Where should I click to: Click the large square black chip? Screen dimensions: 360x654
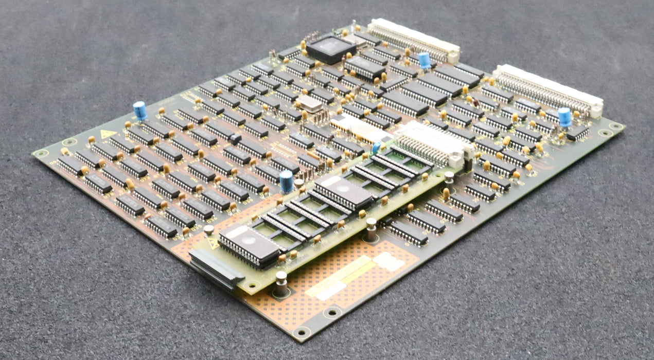tap(331, 48)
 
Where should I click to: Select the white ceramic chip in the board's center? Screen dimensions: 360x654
tap(356, 129)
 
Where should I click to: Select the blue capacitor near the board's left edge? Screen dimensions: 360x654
tap(139, 111)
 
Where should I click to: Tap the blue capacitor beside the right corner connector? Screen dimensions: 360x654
tap(564, 117)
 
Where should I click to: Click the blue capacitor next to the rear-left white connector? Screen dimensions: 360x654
tap(424, 60)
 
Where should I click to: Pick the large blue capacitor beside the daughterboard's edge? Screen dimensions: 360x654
tap(287, 182)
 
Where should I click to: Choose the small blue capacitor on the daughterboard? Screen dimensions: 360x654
tap(376, 148)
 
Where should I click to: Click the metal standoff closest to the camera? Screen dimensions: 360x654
tap(280, 283)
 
